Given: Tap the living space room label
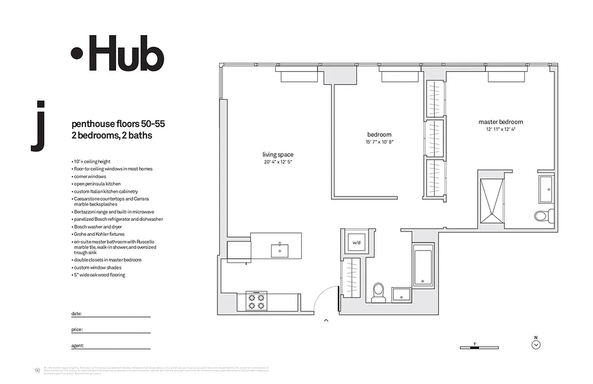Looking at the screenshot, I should click(x=278, y=155).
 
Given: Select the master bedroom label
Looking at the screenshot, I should click(x=500, y=122).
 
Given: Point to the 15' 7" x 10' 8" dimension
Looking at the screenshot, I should click(x=379, y=142).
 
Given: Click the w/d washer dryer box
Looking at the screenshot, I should click(x=356, y=242).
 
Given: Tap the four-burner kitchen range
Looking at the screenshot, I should click(x=256, y=301).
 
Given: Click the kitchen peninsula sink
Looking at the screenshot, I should click(x=278, y=250).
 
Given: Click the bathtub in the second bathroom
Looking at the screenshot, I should click(x=424, y=267).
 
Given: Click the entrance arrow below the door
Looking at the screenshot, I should click(x=326, y=320).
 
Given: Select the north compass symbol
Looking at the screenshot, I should click(x=536, y=344).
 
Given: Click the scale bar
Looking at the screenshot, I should click(x=474, y=347).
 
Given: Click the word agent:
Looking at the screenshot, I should click(x=78, y=345).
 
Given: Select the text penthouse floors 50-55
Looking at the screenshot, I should click(x=118, y=124).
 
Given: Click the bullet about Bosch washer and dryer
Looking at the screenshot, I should click(x=97, y=227).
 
